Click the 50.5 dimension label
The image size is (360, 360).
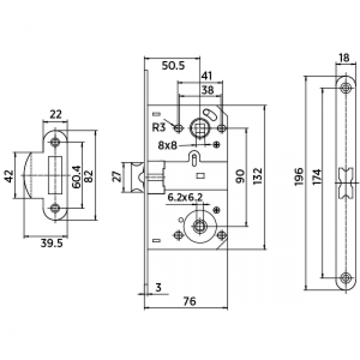[x=173, y=66]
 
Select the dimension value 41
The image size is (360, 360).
[x=206, y=75]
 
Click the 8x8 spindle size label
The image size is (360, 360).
[x=167, y=146]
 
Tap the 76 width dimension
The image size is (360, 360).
[x=190, y=301]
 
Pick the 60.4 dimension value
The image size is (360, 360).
[x=76, y=176]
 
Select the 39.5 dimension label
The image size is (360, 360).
[x=51, y=244]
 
